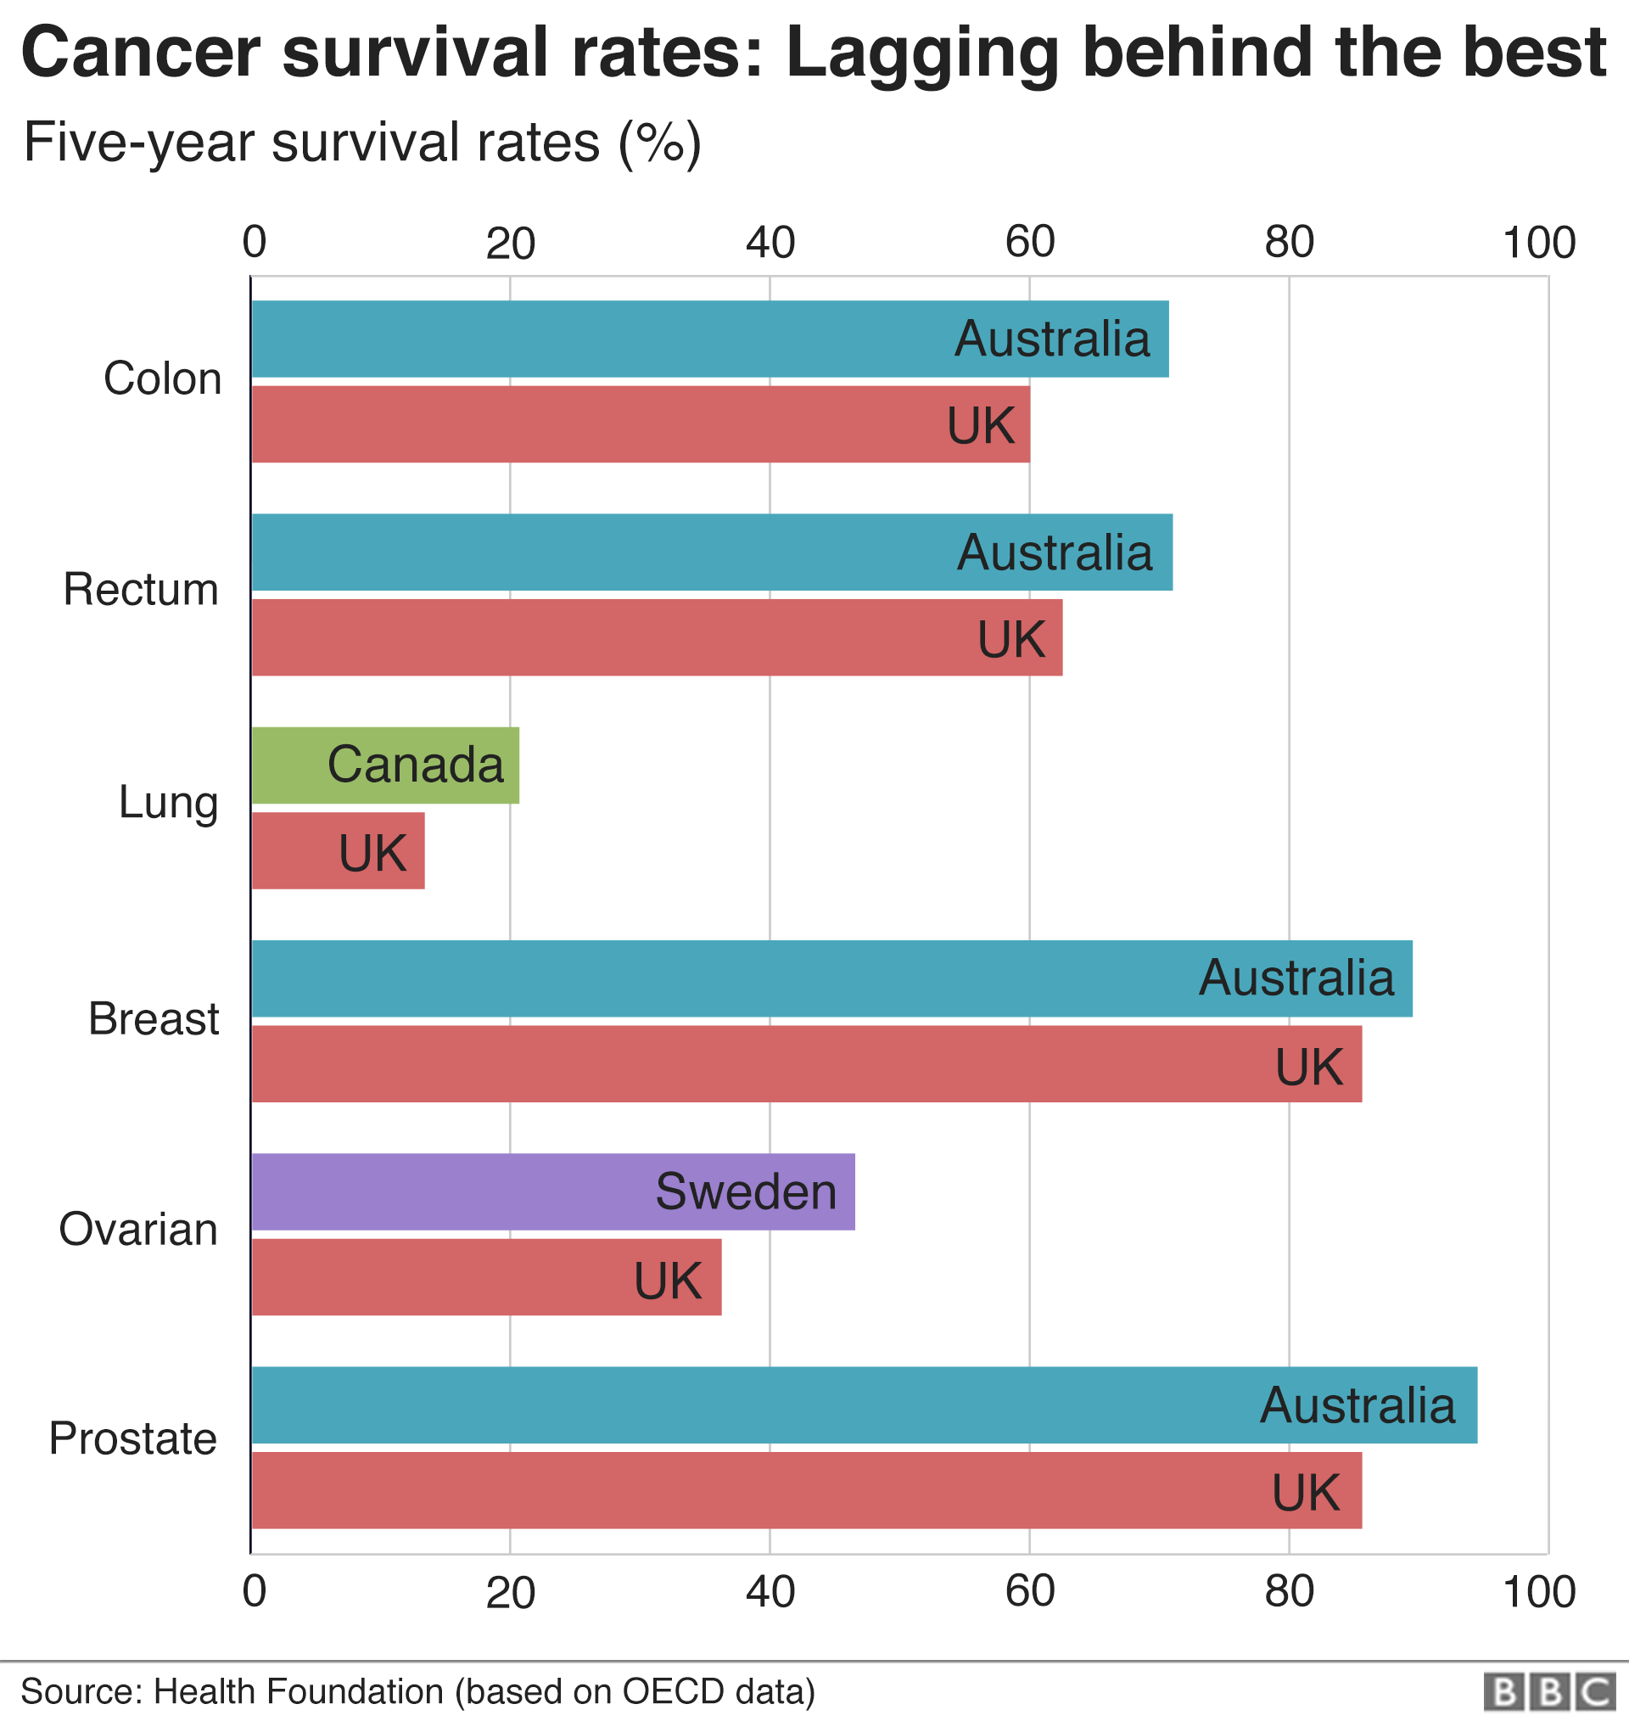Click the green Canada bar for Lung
tap(384, 765)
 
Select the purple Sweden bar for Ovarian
tap(552, 1191)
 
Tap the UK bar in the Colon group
tap(640, 423)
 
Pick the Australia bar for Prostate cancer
tap(863, 1405)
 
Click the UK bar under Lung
tap(338, 850)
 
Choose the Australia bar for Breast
tap(831, 978)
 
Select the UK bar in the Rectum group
tap(657, 637)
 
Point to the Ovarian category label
tap(138, 1230)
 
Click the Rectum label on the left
tap(141, 590)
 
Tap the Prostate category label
tap(133, 1438)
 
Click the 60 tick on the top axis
tap(1030, 242)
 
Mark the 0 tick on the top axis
tap(254, 242)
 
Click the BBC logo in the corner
tap(1548, 1692)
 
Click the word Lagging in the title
tap(921, 52)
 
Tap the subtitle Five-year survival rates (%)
tap(362, 142)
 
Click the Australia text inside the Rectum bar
tap(1054, 552)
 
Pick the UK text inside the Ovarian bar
tap(667, 1281)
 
